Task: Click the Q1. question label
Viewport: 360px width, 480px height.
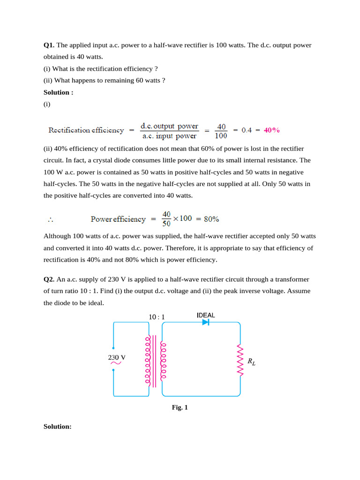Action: pyautogui.click(x=49, y=45)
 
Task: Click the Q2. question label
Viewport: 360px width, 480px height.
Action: pyautogui.click(x=49, y=279)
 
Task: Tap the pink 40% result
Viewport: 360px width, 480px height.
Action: pyautogui.click(x=272, y=130)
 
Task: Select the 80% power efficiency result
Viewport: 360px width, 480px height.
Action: pyautogui.click(x=211, y=219)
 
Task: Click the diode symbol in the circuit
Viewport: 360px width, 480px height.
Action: pyautogui.click(x=205, y=322)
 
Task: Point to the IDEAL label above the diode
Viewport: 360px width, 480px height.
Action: pyautogui.click(x=205, y=315)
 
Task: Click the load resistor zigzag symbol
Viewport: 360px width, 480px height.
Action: pyautogui.click(x=240, y=360)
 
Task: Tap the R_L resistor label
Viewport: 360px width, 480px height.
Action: pyautogui.click(x=252, y=362)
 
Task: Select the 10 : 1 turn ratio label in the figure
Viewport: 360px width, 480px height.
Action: pyautogui.click(x=157, y=317)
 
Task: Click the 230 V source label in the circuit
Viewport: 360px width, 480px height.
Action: pyautogui.click(x=117, y=357)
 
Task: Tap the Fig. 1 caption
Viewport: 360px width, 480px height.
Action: pyautogui.click(x=180, y=408)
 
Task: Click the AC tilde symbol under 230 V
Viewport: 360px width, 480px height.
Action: pyautogui.click(x=116, y=363)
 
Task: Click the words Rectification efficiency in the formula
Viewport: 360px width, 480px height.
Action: pyautogui.click(x=86, y=130)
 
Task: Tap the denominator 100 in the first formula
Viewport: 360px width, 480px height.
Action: pyautogui.click(x=221, y=136)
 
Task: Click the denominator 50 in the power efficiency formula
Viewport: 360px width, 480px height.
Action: pyautogui.click(x=166, y=224)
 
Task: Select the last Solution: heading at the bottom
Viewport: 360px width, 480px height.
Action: pyautogui.click(x=57, y=427)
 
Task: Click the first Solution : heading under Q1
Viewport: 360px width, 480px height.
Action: pyautogui.click(x=58, y=92)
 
